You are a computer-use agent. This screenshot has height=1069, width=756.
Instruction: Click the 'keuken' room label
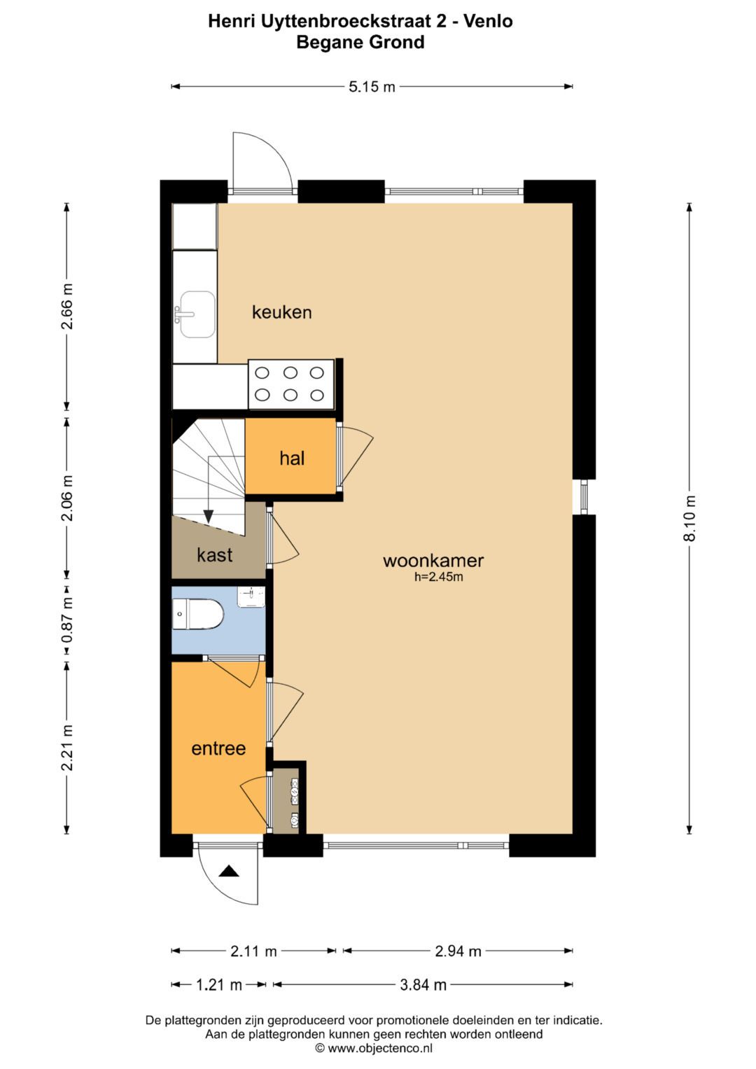click(x=281, y=312)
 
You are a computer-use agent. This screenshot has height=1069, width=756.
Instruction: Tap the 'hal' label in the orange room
click(x=292, y=458)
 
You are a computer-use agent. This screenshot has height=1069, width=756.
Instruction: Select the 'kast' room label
click(x=215, y=554)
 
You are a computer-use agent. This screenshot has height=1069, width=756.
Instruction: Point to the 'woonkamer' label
click(x=433, y=560)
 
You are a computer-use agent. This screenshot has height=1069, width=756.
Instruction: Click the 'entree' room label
click(x=218, y=748)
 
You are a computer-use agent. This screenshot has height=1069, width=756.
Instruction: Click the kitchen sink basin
click(x=197, y=314)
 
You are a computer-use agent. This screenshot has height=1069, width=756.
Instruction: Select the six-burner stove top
click(x=291, y=384)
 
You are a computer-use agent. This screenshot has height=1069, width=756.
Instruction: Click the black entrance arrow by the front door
click(x=229, y=872)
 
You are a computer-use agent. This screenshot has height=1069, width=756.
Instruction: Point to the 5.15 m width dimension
click(x=372, y=86)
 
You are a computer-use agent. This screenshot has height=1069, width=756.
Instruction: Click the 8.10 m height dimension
click(x=689, y=519)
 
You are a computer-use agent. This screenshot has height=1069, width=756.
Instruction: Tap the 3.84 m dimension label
click(x=423, y=984)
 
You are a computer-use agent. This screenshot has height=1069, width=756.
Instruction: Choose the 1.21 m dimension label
click(x=219, y=984)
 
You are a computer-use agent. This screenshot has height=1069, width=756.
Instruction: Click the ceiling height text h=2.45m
click(x=439, y=577)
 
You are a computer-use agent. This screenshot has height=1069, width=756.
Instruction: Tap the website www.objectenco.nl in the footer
click(x=380, y=1048)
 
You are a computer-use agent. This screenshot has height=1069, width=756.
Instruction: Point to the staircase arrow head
click(x=208, y=516)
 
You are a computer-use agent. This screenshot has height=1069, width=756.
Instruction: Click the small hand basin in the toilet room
click(x=251, y=597)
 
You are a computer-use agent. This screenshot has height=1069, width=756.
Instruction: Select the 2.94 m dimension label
click(x=458, y=951)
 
